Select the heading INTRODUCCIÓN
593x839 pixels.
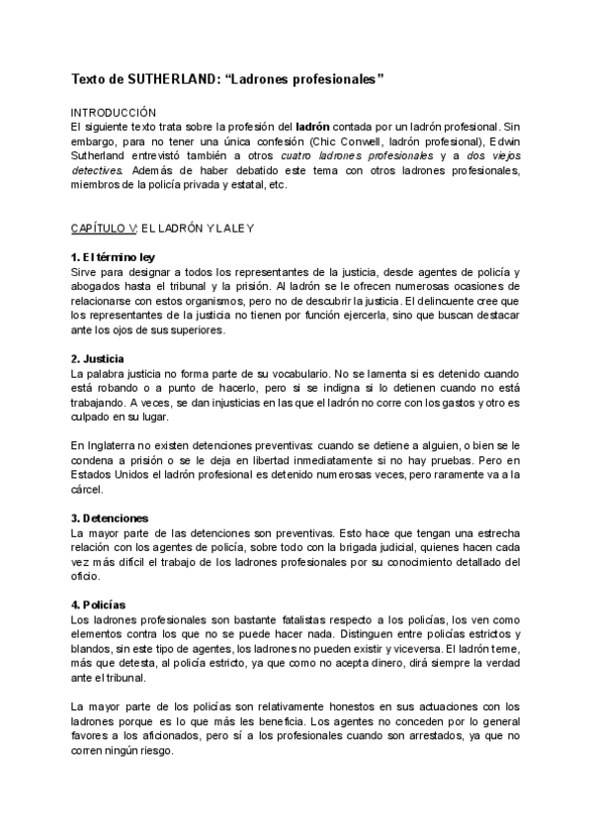coord(114,114)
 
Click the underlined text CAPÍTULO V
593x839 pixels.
coord(103,229)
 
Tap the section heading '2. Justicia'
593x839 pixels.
coord(97,358)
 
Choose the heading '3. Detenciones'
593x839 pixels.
coord(110,517)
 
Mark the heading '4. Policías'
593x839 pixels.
coord(97,605)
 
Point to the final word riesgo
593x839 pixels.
coord(154,749)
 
